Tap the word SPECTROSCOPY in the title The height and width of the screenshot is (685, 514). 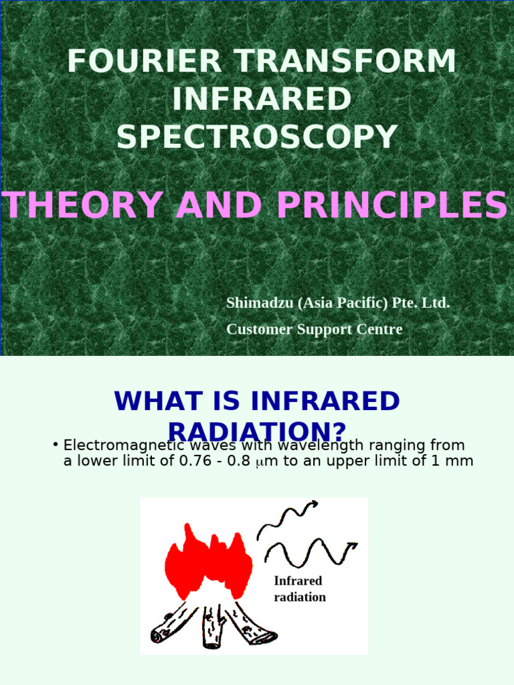point(257,137)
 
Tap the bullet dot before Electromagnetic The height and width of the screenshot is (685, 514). point(55,445)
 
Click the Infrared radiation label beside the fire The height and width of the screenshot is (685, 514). point(299,589)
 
